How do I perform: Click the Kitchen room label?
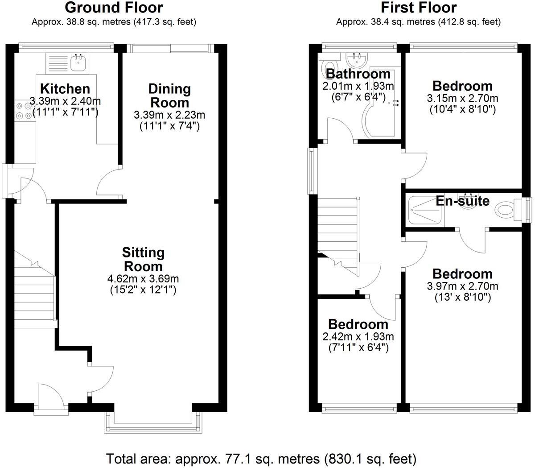tap(65, 88)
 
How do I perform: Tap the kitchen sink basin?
tap(79, 62)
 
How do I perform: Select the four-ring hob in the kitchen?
tap(24, 111)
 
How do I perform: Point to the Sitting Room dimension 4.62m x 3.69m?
tap(143, 279)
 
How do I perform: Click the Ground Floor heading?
tap(114, 8)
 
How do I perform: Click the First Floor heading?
tap(418, 8)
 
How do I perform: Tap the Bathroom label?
tap(358, 74)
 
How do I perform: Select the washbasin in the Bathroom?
tap(356, 59)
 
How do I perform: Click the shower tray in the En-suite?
tap(426, 209)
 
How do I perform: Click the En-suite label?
tap(462, 201)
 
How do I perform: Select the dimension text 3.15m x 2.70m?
tap(462, 98)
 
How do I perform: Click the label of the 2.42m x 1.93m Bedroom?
tap(358, 324)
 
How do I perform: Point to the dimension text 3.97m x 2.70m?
tap(462, 286)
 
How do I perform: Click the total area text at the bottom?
tap(261, 458)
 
